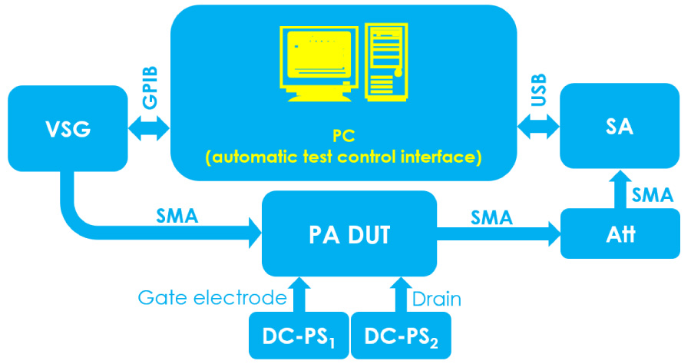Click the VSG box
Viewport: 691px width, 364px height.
point(67,128)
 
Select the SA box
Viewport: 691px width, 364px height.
point(620,126)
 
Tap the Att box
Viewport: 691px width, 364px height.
point(620,233)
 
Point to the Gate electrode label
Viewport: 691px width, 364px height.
point(212,298)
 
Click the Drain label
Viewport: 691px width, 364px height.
point(437,298)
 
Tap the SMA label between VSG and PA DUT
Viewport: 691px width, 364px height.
point(177,216)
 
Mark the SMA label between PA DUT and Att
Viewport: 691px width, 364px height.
point(491,217)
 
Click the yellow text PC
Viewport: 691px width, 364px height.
point(343,136)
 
